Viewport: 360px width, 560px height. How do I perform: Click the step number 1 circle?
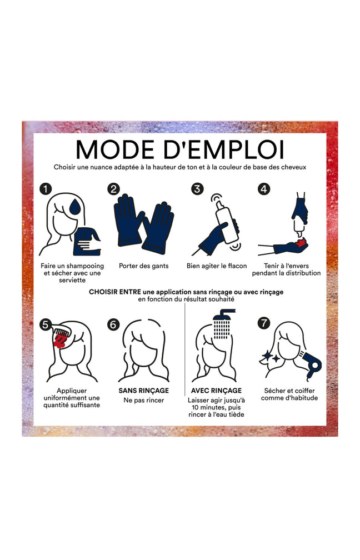(46, 188)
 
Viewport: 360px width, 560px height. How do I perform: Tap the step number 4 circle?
(263, 188)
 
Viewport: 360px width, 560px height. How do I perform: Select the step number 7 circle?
(263, 323)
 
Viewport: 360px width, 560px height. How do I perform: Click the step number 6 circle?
(113, 324)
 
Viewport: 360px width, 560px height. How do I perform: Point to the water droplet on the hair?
(75, 207)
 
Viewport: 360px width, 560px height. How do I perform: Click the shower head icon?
(222, 323)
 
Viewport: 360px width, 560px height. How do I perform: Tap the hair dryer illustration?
(312, 364)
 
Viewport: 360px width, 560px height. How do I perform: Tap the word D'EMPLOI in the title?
(224, 149)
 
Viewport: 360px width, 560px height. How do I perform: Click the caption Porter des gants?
(143, 266)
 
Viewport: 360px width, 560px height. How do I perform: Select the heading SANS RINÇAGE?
(143, 391)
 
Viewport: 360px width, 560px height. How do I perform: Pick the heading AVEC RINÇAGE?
(217, 391)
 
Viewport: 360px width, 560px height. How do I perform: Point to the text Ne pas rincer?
(143, 401)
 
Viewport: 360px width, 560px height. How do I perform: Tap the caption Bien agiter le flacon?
(217, 266)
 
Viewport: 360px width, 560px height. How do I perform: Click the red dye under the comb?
(59, 342)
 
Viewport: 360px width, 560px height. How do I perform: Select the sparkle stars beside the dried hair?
(272, 357)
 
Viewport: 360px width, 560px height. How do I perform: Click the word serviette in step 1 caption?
(72, 280)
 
